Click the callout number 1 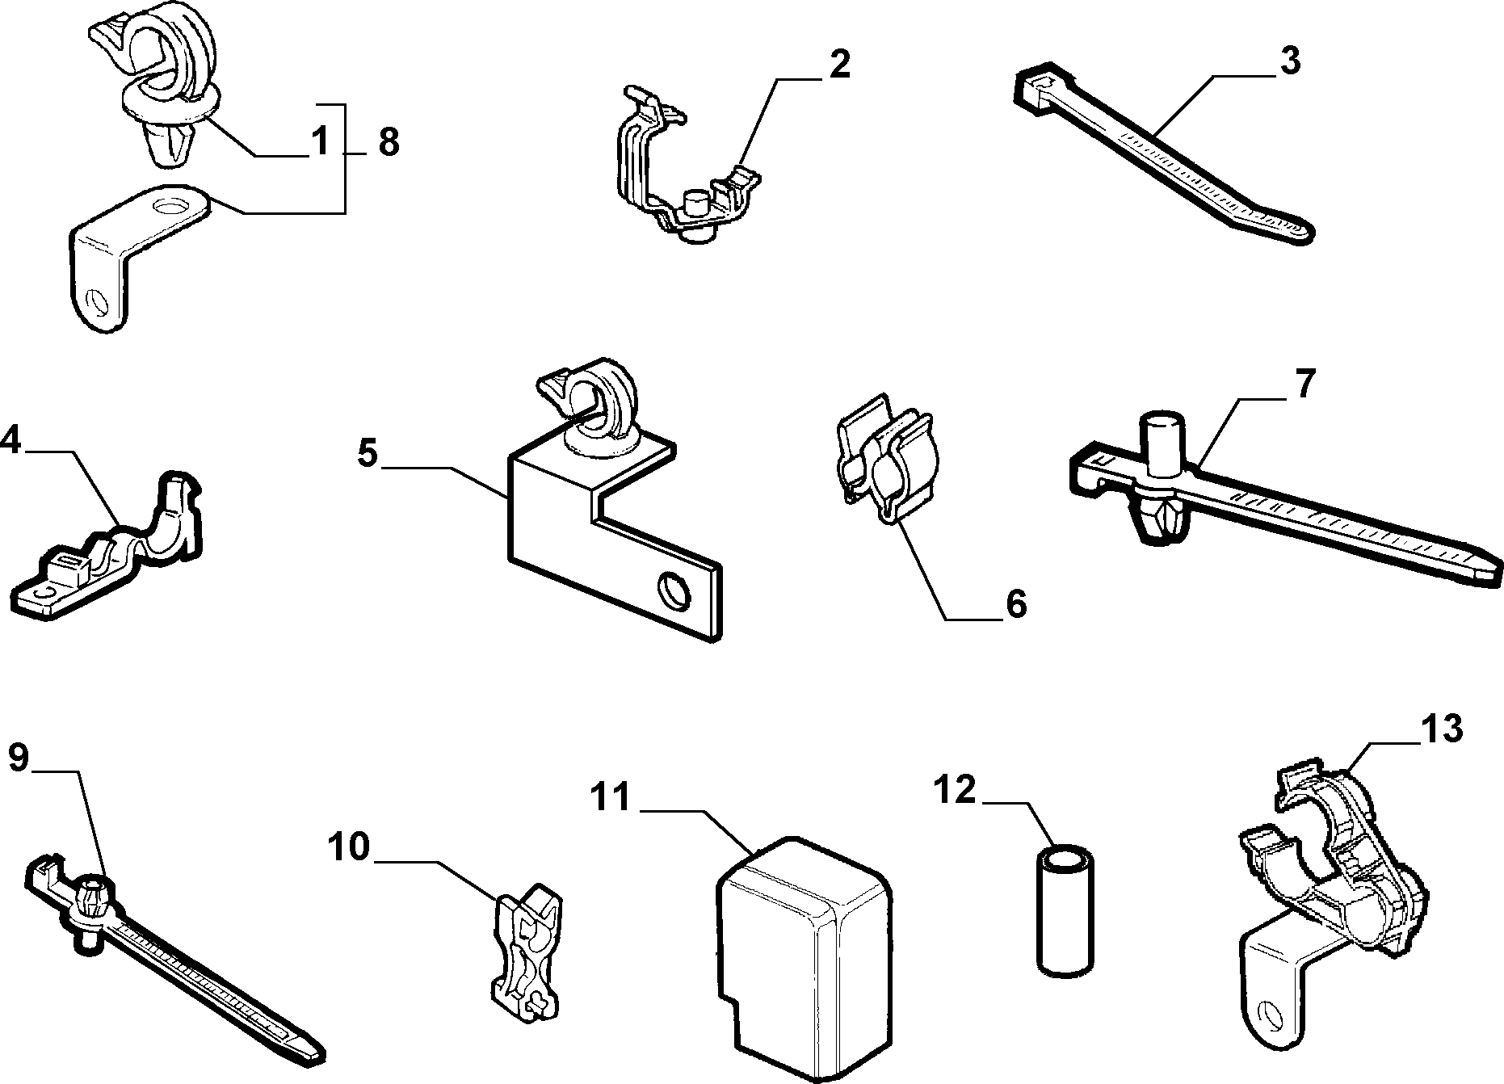point(321,143)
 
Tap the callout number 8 point(389,143)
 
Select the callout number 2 point(839,65)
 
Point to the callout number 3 point(1290,61)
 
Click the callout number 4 point(10,440)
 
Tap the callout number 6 point(1015,603)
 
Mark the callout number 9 point(19,757)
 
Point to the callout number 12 point(956,789)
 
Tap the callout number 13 point(1441,729)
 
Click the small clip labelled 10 point(527,947)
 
